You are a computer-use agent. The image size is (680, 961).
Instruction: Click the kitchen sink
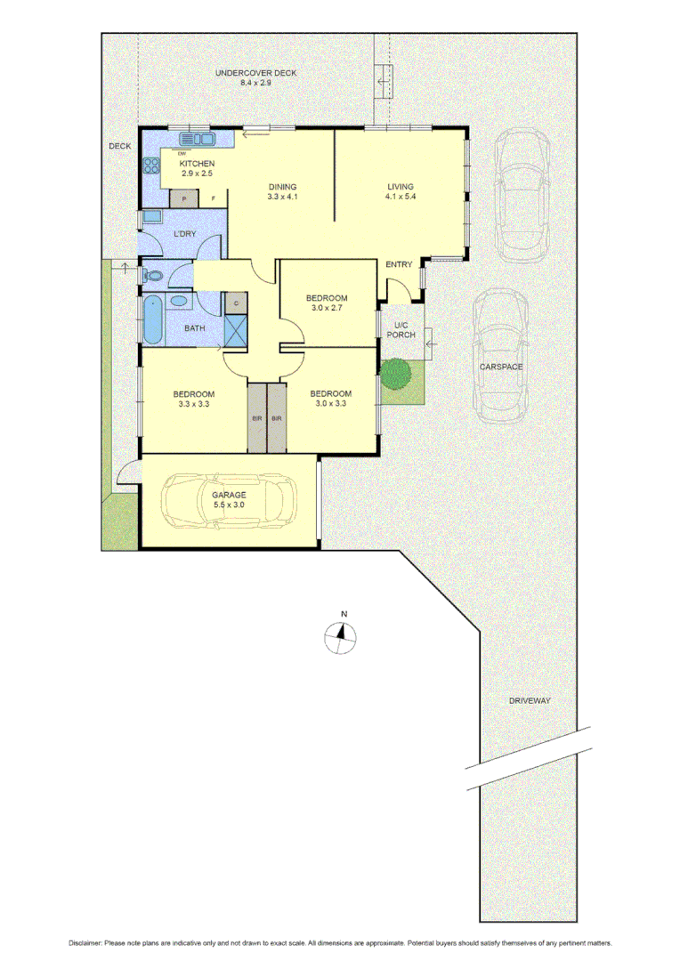(198, 139)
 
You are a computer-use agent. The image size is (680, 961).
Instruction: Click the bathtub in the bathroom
(151, 320)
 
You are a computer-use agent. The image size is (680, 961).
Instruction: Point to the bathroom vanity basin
(178, 301)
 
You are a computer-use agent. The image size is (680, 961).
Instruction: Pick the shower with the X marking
(236, 331)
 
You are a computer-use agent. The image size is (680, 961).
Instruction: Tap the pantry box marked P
(184, 198)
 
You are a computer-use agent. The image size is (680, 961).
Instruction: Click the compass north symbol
(341, 635)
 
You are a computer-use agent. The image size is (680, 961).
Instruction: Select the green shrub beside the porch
(395, 372)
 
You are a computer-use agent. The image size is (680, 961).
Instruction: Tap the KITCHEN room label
(197, 164)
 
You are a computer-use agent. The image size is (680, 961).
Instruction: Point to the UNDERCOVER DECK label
(255, 73)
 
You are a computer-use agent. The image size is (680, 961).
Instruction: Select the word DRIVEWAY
(530, 700)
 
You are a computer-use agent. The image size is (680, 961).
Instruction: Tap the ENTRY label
(399, 263)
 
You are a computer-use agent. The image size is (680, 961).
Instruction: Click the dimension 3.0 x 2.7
(327, 308)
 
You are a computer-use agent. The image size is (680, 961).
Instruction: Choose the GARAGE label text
(229, 494)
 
